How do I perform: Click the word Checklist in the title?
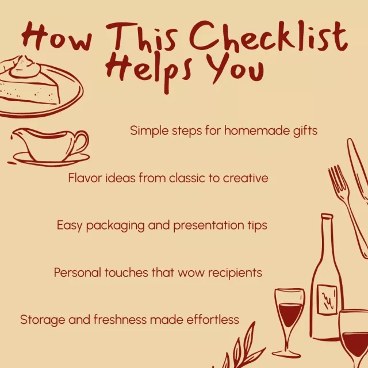click(268, 36)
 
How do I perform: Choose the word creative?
click(246, 178)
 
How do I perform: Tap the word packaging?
click(115, 226)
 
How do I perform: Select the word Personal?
click(78, 273)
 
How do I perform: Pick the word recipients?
click(235, 273)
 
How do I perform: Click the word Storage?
click(43, 320)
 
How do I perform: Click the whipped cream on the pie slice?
click(25, 67)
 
